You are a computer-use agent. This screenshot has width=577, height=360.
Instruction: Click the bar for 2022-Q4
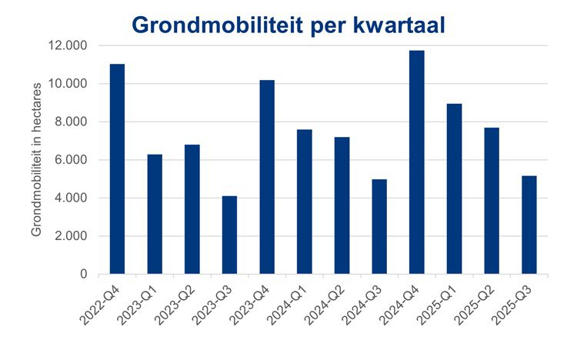(x=117, y=169)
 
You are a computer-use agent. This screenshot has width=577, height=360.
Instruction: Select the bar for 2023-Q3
(x=229, y=235)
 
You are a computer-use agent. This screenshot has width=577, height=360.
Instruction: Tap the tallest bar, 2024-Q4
(x=416, y=162)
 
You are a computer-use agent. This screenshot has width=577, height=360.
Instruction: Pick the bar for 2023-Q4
(x=267, y=177)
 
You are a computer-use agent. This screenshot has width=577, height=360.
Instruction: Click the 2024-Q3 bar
(x=379, y=226)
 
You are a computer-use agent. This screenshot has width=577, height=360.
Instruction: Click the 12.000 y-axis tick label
(x=67, y=45)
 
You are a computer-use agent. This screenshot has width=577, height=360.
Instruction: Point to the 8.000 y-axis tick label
(x=70, y=122)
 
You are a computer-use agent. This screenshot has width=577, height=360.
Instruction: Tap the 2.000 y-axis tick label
(x=70, y=236)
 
